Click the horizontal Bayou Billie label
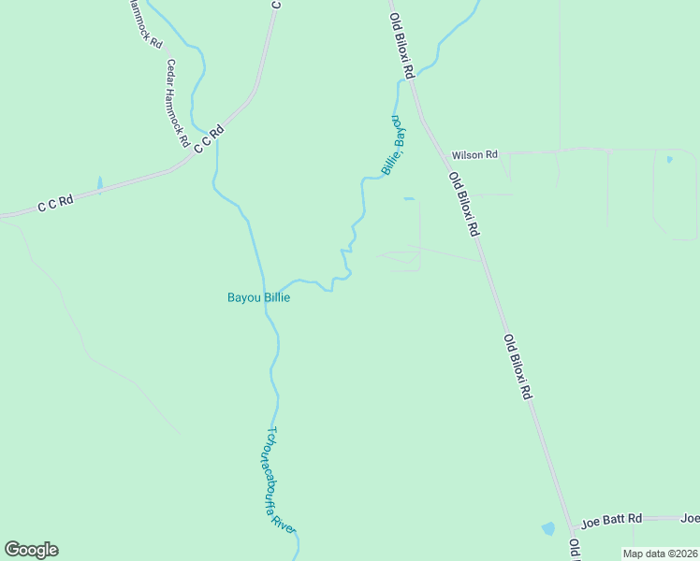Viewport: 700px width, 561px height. [258, 298]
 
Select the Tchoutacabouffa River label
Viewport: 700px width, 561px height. [281, 481]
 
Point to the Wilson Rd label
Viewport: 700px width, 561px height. [474, 155]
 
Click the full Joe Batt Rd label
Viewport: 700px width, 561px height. [611, 518]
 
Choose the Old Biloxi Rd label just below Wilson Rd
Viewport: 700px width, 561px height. [463, 204]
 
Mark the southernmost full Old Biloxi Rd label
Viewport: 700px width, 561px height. [518, 367]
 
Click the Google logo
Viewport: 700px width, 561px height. [31, 550]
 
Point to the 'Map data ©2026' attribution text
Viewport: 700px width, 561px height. [660, 554]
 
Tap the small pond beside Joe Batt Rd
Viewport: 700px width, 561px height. [547, 529]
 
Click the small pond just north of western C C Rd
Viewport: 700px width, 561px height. [99, 183]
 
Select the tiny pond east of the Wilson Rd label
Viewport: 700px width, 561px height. [668, 160]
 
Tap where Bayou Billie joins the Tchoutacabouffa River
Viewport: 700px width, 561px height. [267, 305]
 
